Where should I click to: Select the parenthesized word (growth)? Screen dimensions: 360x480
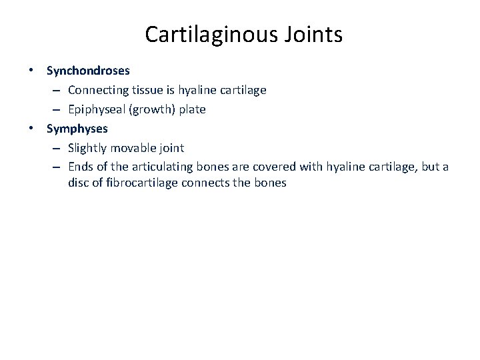point(151,108)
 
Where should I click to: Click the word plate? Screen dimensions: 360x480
point(191,108)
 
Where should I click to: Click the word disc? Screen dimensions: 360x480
point(78,182)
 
